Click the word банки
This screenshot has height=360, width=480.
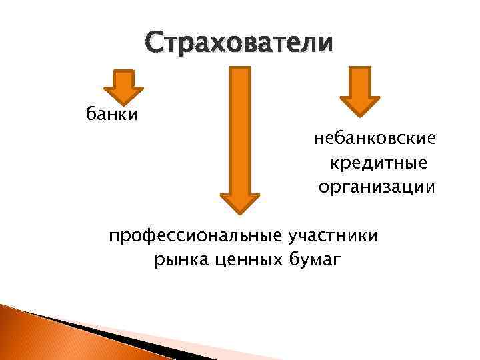point(111,115)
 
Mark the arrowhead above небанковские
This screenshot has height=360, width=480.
point(359,105)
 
